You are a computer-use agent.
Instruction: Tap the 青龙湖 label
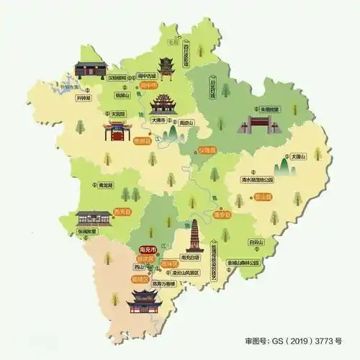tap(104, 185)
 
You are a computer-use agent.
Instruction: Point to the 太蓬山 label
tap(299, 156)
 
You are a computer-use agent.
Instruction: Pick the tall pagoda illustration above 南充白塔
tap(192, 235)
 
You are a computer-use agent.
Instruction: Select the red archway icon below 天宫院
tap(117, 131)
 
